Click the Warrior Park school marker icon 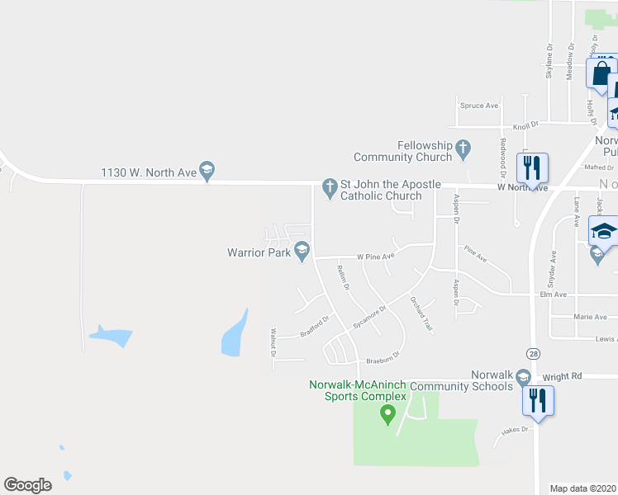click(303, 249)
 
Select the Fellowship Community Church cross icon click(463, 149)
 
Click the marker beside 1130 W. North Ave click(207, 171)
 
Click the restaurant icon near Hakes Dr click(538, 402)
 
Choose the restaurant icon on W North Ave click(533, 168)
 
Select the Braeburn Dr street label click(383, 358)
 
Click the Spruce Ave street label click(479, 106)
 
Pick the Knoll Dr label click(525, 124)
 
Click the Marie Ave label click(590, 317)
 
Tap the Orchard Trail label click(421, 314)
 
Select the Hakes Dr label click(514, 429)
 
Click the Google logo click(28, 484)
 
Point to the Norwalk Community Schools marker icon click(522, 378)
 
